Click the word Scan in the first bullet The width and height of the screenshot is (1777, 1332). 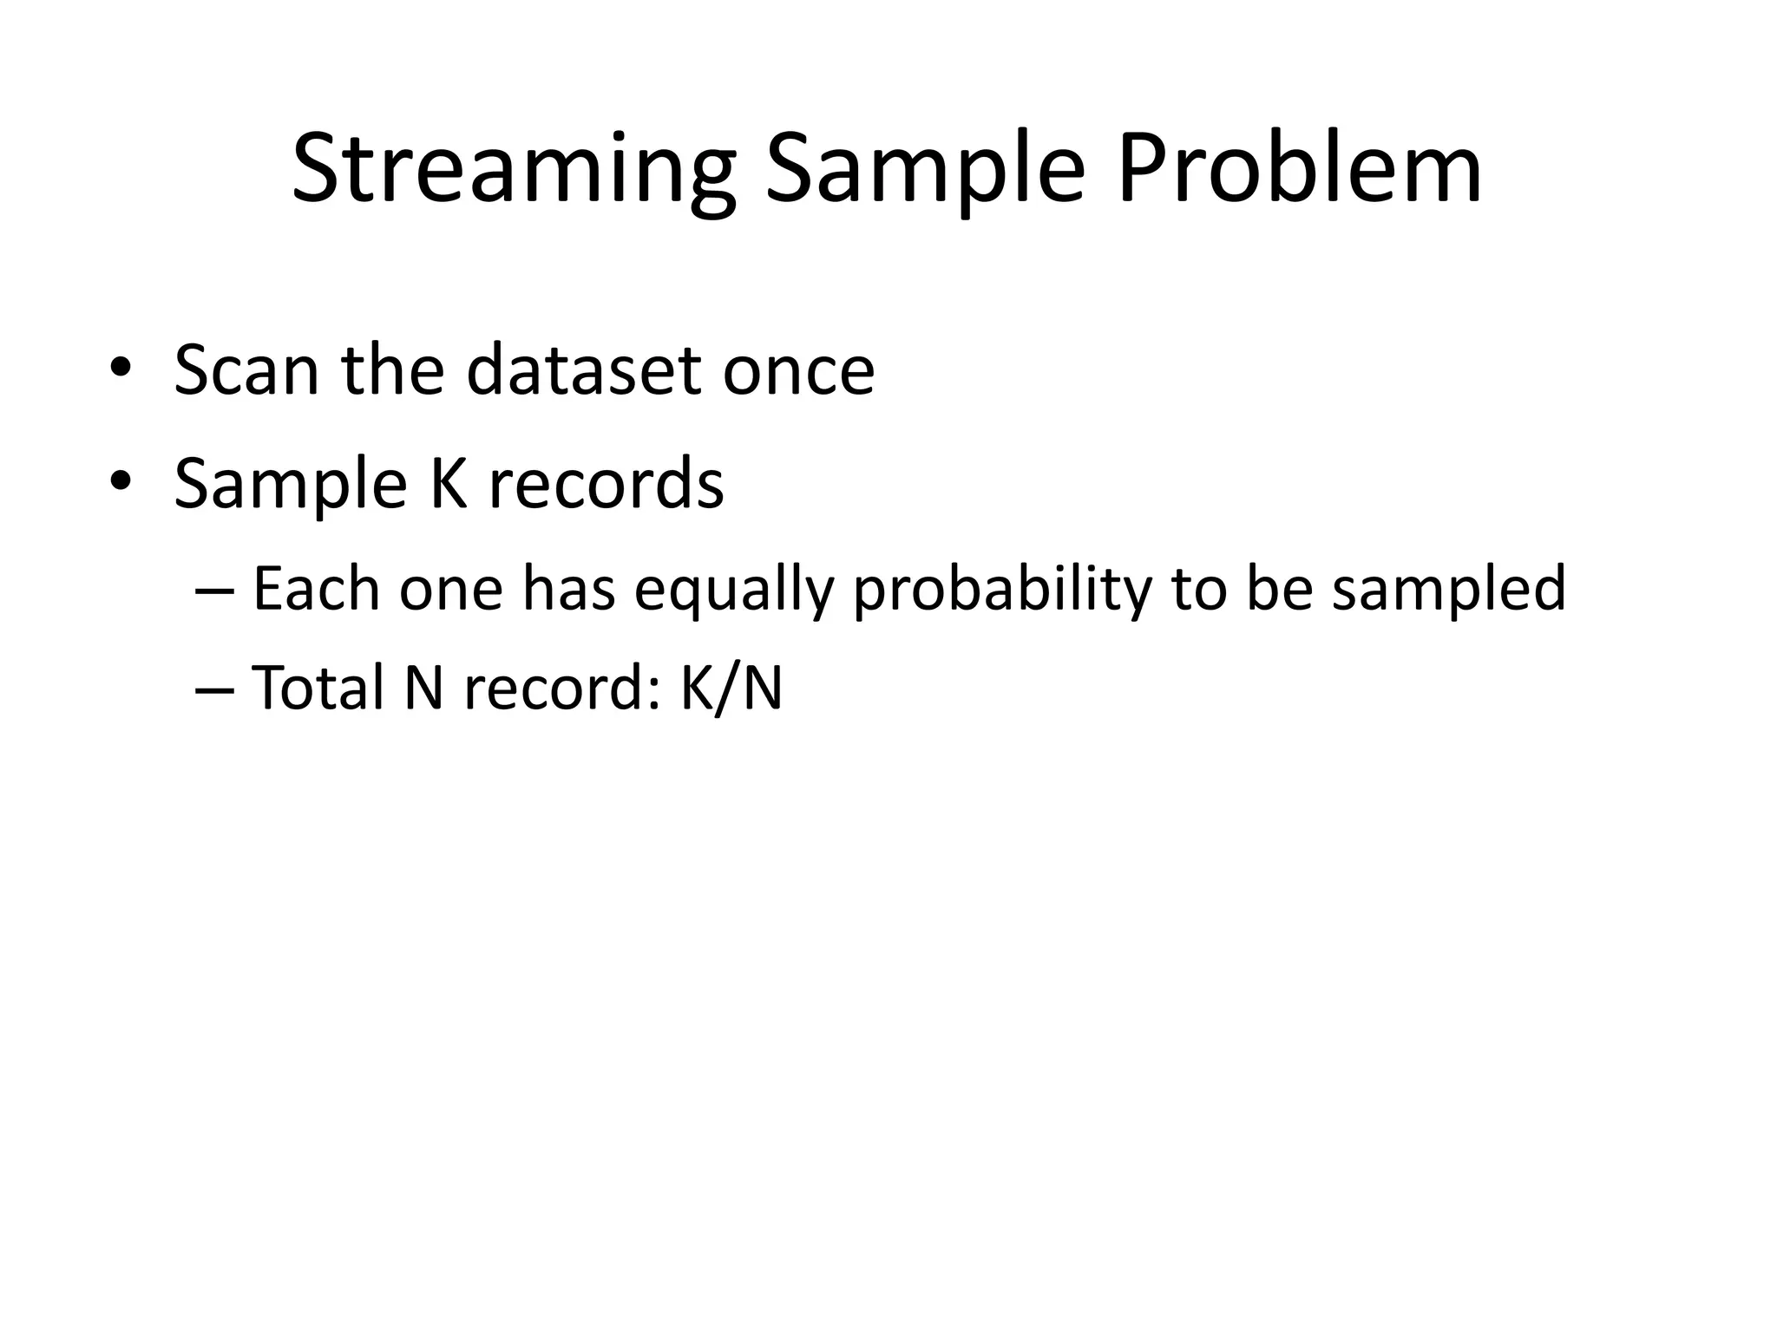tap(246, 371)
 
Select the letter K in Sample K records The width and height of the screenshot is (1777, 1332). tap(449, 482)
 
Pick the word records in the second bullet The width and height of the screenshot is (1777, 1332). tap(606, 484)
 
